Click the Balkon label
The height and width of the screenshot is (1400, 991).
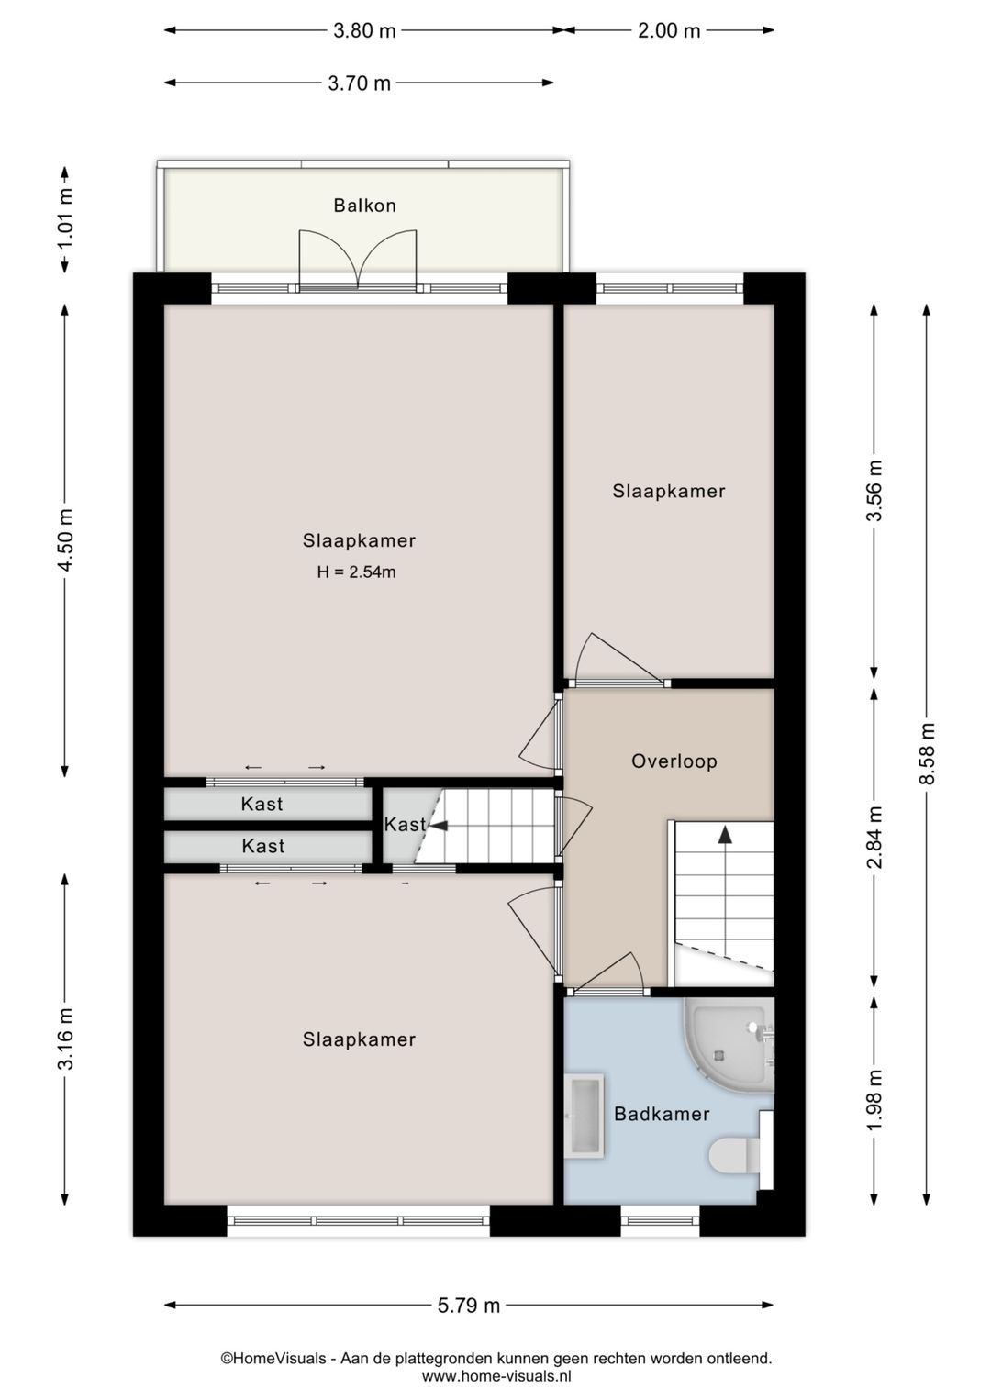pyautogui.click(x=364, y=205)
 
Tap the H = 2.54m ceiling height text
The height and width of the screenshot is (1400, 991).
pyautogui.click(x=356, y=572)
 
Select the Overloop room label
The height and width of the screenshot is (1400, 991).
pyautogui.click(x=674, y=761)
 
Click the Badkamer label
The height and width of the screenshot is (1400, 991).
pyautogui.click(x=662, y=1113)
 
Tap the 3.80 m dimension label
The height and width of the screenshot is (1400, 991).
pyautogui.click(x=364, y=30)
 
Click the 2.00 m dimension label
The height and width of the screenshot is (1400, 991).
pyautogui.click(x=668, y=30)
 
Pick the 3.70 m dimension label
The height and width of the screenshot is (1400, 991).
pyautogui.click(x=359, y=83)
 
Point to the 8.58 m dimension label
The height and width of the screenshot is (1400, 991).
pyautogui.click(x=927, y=753)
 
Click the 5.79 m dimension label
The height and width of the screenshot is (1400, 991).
pyautogui.click(x=468, y=1306)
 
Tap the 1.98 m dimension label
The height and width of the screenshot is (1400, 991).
pyautogui.click(x=874, y=1099)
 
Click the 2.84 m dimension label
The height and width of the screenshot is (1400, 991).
pyautogui.click(x=874, y=837)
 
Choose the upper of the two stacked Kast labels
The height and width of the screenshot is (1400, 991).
pyautogui.click(x=262, y=804)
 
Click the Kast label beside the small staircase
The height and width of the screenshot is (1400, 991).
pyautogui.click(x=405, y=825)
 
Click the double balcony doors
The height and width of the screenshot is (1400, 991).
pyautogui.click(x=358, y=260)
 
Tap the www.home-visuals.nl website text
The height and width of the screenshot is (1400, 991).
pyautogui.click(x=496, y=1375)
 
